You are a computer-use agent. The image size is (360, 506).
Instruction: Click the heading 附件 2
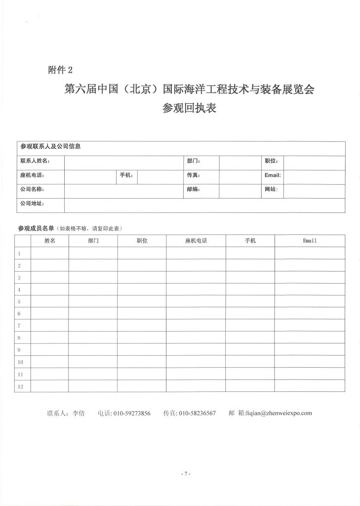[60, 70]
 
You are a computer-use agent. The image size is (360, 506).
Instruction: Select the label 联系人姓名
[35, 161]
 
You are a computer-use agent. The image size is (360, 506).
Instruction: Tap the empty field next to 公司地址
[204, 205]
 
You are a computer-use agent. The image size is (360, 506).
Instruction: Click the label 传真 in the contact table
[193, 175]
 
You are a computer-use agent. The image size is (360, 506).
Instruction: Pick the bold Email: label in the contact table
[273, 175]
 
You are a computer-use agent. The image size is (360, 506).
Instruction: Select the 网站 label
[271, 190]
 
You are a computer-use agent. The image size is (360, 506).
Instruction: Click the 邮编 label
[193, 190]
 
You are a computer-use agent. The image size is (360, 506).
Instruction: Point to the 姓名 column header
[49, 241]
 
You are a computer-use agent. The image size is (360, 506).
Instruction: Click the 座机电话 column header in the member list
[196, 241]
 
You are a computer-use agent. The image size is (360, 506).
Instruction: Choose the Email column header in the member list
[310, 241]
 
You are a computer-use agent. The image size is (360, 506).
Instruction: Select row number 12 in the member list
[20, 386]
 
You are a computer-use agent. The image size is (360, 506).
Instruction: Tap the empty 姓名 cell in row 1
[49, 253]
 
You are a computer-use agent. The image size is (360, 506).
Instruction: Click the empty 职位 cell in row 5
[142, 301]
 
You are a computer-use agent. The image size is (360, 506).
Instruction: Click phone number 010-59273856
[132, 413]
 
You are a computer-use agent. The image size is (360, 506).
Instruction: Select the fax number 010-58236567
[197, 413]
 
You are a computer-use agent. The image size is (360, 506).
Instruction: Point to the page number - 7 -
[185, 474]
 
